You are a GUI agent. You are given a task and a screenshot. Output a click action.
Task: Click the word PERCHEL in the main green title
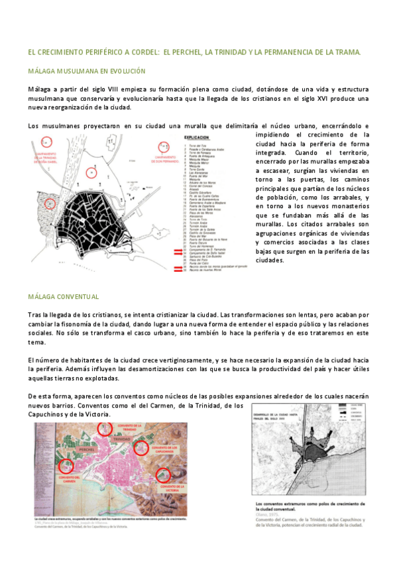[190, 52]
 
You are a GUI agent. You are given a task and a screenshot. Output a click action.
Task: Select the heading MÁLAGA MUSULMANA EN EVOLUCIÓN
[87, 70]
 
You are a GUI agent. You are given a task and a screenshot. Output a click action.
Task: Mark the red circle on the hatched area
[48, 203]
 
